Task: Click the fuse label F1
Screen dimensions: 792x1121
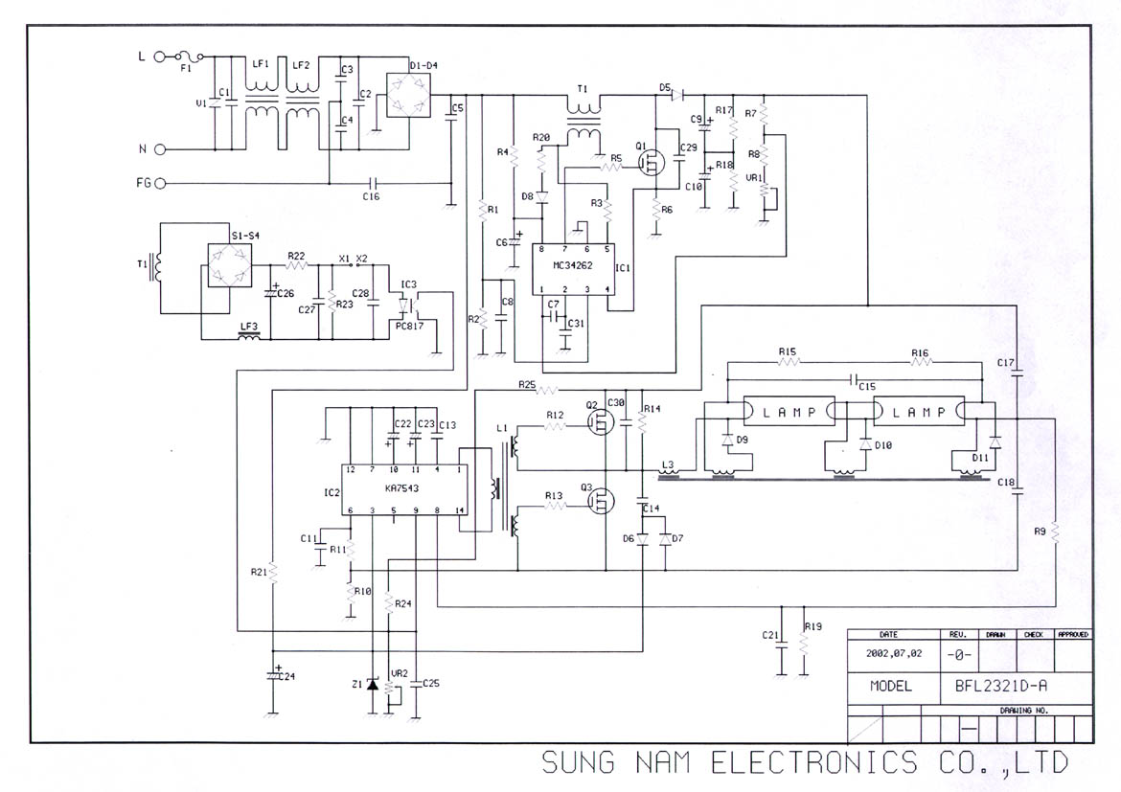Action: pyautogui.click(x=186, y=69)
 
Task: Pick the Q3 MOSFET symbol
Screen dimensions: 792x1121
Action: pyautogui.click(x=603, y=501)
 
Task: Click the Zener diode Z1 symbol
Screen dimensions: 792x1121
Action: pyautogui.click(x=374, y=684)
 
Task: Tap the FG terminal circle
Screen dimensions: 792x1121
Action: pyautogui.click(x=160, y=183)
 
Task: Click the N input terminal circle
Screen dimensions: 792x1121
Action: pyautogui.click(x=160, y=148)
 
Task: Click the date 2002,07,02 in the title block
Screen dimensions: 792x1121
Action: pyautogui.click(x=888, y=656)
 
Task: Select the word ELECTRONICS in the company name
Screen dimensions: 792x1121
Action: pyautogui.click(x=812, y=762)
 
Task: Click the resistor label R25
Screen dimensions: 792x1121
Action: pyautogui.click(x=527, y=384)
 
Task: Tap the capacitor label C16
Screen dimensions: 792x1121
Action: pyautogui.click(x=371, y=195)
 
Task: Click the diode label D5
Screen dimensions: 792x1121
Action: pyautogui.click(x=665, y=87)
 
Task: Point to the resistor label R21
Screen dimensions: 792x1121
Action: pyautogui.click(x=259, y=572)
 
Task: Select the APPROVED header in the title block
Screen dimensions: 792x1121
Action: pyautogui.click(x=1072, y=634)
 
